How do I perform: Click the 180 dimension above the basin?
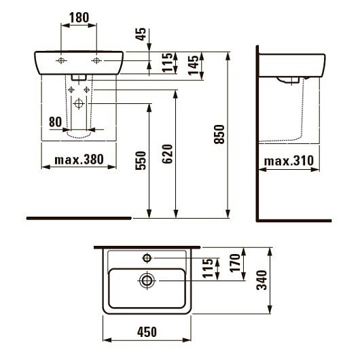[79, 16]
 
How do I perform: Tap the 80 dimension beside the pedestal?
[56, 123]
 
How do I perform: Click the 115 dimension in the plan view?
[207, 270]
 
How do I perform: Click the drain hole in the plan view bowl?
[146, 279]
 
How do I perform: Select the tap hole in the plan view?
[147, 258]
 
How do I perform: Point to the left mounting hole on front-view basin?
[61, 61]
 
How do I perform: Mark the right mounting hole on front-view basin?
[96, 61]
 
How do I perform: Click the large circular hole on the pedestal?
[79, 104]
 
